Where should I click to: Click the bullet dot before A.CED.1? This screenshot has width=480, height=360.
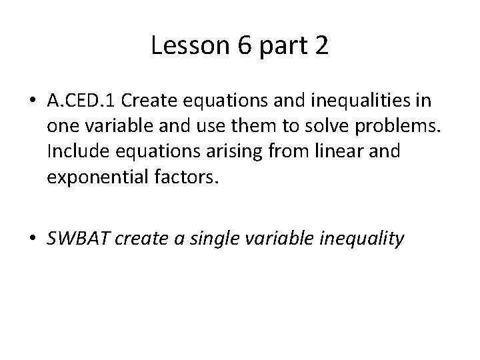(x=33, y=102)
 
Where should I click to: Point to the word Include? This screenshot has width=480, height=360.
(x=73, y=151)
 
